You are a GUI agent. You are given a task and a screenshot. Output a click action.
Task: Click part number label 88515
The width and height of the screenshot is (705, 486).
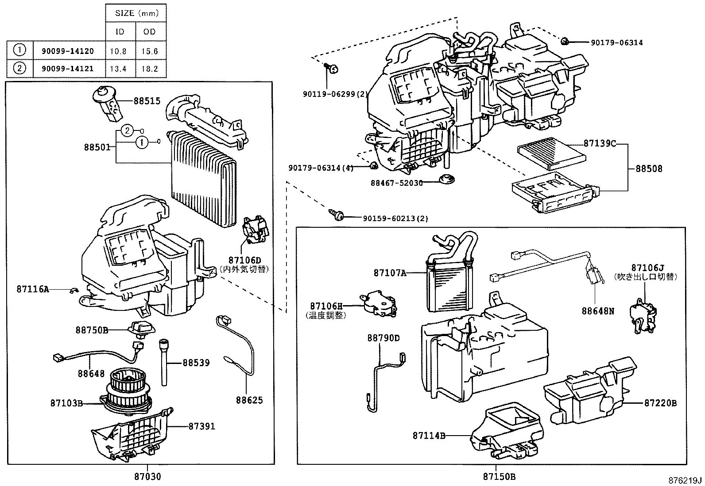[x=147, y=101]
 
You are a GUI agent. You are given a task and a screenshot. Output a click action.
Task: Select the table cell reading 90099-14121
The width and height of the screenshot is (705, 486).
[x=67, y=68]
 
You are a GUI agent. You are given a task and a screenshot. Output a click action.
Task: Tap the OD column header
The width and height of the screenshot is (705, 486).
[x=150, y=32]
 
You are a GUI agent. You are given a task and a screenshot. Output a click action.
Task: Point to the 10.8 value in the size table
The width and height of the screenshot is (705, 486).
[x=120, y=51]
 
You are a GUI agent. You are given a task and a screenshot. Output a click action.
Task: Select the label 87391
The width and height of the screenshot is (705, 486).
[x=201, y=426]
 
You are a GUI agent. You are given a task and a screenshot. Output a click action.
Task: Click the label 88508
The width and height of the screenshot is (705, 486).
[x=649, y=168]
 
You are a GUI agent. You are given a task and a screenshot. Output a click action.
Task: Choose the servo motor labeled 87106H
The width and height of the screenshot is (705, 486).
[x=379, y=304]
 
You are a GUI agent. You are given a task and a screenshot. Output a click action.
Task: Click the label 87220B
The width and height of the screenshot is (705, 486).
[x=660, y=403]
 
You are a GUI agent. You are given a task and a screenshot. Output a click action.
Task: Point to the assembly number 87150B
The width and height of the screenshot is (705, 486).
[x=499, y=477]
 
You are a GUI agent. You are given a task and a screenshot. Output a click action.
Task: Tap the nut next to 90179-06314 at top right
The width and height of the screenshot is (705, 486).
[x=565, y=42]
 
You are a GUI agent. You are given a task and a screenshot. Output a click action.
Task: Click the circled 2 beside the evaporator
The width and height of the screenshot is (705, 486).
[x=127, y=130]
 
